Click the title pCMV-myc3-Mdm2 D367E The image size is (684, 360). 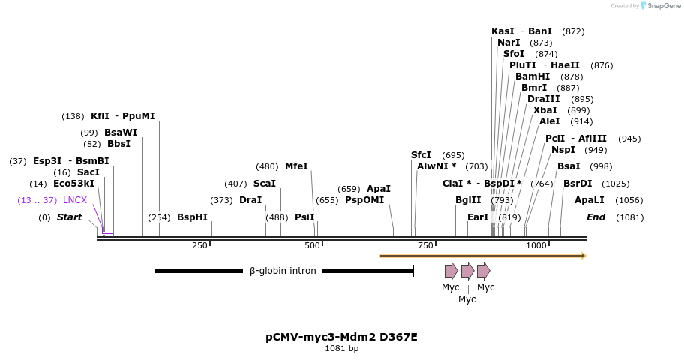tap(341, 337)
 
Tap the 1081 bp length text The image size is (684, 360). tap(341, 349)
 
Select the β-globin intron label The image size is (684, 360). tap(283, 271)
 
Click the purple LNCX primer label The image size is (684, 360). tap(75, 200)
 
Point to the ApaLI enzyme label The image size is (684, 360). tap(589, 200)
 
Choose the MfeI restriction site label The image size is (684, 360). tap(296, 166)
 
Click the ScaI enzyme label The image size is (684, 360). tap(264, 184)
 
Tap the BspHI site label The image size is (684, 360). tap(192, 217)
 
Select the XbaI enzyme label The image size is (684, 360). tap(545, 110)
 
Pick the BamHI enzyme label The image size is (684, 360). tap(532, 76)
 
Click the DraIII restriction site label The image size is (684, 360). tap(543, 99)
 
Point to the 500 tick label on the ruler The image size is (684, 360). tap(313, 246)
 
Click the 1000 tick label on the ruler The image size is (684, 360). tap(536, 246)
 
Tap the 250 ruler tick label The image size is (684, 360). tap(199, 246)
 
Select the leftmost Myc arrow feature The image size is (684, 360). tap(451, 271)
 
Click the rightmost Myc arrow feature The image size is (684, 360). tap(484, 271)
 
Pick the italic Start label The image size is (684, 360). tap(69, 217)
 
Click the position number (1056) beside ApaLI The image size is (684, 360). tap(628, 200)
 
